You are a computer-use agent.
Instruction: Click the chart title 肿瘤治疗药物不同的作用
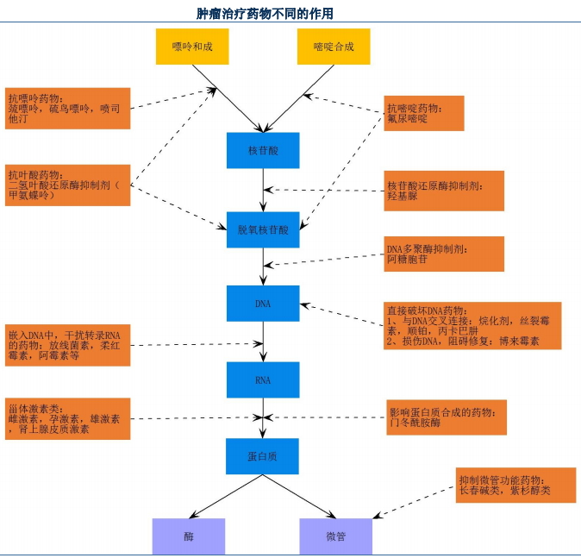click(265, 14)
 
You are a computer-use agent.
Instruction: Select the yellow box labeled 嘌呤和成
click(192, 47)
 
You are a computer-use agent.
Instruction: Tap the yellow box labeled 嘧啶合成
click(334, 47)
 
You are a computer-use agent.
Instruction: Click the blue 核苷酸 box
click(263, 150)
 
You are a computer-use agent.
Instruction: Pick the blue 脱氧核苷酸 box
click(263, 229)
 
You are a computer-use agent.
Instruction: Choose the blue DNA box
click(263, 304)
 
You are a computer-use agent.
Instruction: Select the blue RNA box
click(263, 379)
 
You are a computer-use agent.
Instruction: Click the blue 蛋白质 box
click(263, 456)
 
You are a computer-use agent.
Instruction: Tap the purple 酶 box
click(189, 536)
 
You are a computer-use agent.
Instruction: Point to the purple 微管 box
click(336, 536)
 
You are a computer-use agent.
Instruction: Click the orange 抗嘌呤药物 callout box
click(68, 109)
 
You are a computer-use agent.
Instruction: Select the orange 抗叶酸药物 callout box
click(68, 185)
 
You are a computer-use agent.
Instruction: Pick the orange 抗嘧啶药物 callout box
click(425, 113)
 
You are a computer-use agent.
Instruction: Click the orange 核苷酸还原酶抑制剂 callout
click(444, 191)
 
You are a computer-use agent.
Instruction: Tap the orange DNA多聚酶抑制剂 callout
click(444, 254)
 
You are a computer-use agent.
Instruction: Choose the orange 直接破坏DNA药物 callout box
click(472, 325)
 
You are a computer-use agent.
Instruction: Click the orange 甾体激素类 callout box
click(68, 418)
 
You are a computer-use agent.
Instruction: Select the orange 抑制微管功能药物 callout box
click(515, 486)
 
